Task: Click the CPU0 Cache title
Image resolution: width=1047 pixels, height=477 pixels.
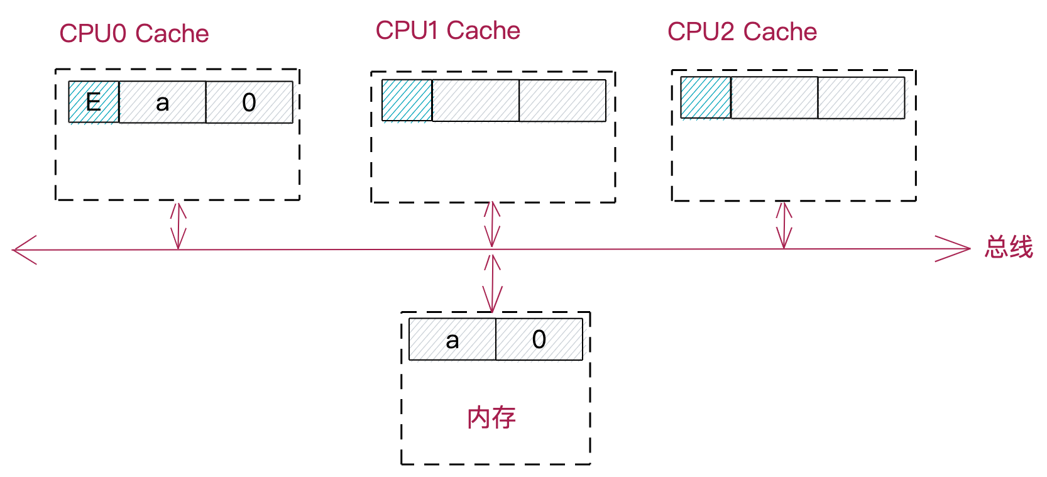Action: (134, 34)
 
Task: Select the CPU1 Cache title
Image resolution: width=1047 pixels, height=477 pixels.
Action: (447, 31)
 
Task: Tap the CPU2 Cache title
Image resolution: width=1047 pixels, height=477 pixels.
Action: (742, 32)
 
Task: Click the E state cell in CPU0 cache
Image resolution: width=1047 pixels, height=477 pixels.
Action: (94, 102)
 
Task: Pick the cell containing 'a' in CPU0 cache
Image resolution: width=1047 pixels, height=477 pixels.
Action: (162, 102)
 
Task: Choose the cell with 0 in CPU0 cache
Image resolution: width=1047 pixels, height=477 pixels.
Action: (249, 102)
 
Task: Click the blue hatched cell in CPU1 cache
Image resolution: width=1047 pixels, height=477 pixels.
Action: (407, 100)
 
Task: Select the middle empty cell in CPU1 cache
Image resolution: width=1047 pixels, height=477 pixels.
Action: (475, 100)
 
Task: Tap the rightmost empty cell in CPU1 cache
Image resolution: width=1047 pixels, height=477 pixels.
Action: (562, 100)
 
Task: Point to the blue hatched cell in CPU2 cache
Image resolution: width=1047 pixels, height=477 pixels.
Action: (706, 97)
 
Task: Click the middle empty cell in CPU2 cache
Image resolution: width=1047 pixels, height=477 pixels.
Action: (774, 97)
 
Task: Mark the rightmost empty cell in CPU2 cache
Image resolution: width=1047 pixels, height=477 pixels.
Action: (861, 97)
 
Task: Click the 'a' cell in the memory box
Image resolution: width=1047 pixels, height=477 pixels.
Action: (452, 339)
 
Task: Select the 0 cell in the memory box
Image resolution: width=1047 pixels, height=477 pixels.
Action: (539, 339)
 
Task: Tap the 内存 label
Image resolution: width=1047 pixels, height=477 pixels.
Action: (491, 418)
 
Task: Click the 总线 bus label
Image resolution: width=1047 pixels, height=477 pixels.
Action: (1008, 247)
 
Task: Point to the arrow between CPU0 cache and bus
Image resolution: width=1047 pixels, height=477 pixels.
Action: (178, 225)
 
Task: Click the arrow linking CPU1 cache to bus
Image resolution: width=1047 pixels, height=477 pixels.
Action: (492, 224)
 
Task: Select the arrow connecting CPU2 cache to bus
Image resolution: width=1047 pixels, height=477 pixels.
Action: (784, 225)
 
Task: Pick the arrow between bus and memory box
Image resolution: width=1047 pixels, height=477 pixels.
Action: (493, 283)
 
